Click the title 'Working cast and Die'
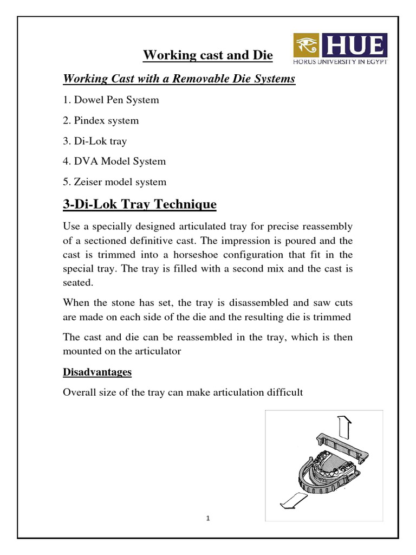pyautogui.click(x=208, y=55)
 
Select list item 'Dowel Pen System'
pyautogui.click(x=111, y=100)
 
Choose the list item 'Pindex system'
pyautogui.click(x=101, y=120)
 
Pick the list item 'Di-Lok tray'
pyautogui.click(x=95, y=141)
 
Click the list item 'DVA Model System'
pyautogui.click(x=114, y=161)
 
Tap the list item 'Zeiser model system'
pyautogui.click(x=115, y=182)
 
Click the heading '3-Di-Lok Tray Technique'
pyautogui.click(x=140, y=204)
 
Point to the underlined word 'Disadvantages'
pyautogui.click(x=97, y=372)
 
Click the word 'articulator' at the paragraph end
pyautogui.click(x=152, y=351)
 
